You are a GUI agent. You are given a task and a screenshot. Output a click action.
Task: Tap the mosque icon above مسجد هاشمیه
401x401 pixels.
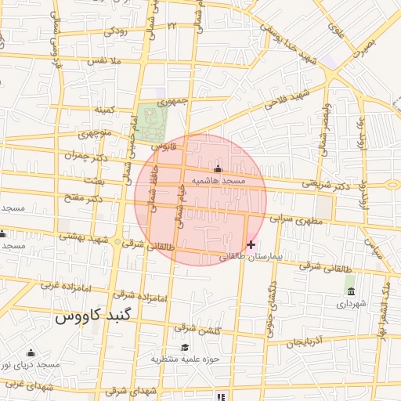tap(218, 169)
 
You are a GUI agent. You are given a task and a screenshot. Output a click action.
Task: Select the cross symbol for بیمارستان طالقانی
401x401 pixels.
tap(251, 245)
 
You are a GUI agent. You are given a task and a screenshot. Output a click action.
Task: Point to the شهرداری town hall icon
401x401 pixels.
tap(349, 292)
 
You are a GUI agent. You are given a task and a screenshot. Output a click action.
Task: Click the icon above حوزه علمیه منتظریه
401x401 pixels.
tap(185, 348)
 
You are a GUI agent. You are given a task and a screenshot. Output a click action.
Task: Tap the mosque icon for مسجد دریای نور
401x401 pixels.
tap(31, 353)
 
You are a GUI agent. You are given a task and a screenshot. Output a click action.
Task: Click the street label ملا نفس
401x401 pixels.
tap(104, 60)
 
